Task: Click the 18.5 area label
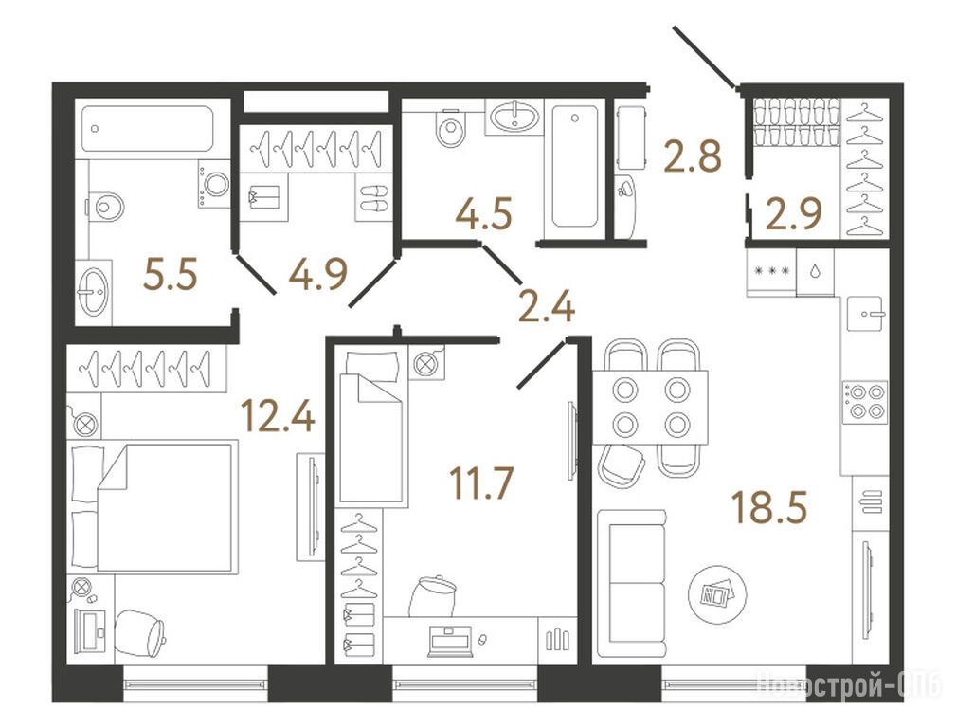[x=769, y=508]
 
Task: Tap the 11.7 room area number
[x=481, y=482]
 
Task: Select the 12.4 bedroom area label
[x=278, y=415]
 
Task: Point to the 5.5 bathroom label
[x=171, y=275]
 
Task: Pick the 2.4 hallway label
[x=546, y=306]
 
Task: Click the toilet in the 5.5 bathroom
[x=105, y=207]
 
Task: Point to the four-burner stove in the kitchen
[x=865, y=402]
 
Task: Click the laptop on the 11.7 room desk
[x=450, y=642]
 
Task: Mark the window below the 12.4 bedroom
[x=196, y=683]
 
